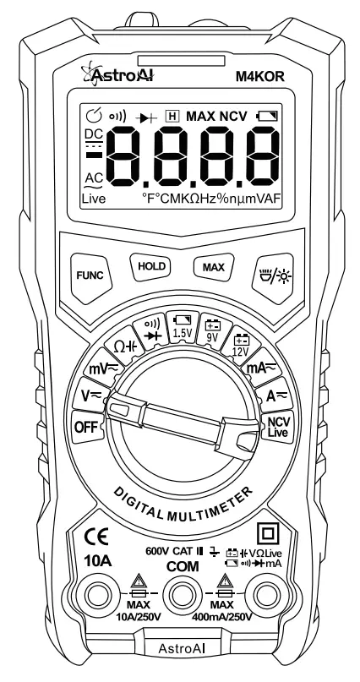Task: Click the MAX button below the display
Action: tap(209, 267)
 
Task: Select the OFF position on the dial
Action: tap(85, 426)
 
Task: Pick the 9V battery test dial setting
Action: tap(214, 329)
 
